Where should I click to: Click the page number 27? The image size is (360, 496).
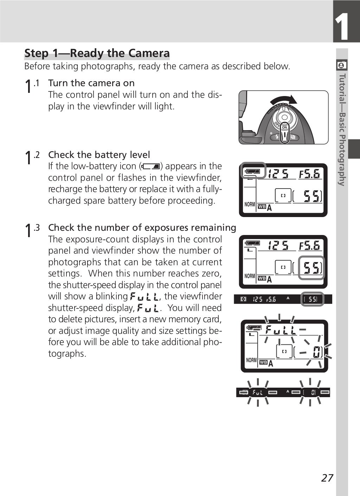[327, 478]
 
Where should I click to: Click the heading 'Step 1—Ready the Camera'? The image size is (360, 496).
[97, 53]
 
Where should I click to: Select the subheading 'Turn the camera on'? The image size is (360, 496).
[91, 83]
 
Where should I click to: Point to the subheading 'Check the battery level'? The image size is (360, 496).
[99, 155]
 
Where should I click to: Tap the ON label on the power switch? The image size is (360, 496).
[284, 127]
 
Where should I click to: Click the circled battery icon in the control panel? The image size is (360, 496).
[253, 171]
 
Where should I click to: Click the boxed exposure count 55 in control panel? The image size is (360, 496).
[311, 268]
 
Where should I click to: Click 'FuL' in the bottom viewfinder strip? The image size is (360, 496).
[258, 392]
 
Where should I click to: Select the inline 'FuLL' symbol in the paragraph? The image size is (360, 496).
[144, 296]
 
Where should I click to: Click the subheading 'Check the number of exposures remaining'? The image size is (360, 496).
[142, 228]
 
